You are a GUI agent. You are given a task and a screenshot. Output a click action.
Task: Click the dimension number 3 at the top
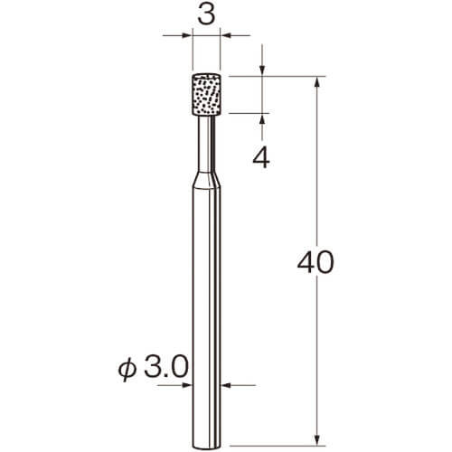point(206,14)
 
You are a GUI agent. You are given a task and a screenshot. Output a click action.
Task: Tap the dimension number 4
point(261,158)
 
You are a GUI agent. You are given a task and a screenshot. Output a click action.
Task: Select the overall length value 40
point(315,262)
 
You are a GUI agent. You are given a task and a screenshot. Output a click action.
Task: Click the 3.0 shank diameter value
point(166,367)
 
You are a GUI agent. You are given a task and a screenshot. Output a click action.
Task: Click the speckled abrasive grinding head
point(206,95)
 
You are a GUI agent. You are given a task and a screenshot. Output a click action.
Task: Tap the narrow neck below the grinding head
point(206,144)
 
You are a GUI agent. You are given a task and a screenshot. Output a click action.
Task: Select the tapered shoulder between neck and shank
point(206,179)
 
